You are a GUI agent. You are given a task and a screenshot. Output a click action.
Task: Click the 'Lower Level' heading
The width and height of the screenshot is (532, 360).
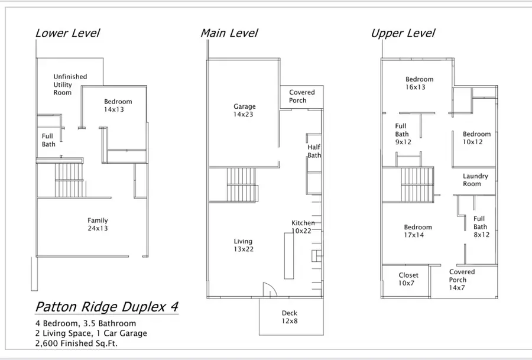tap(67, 33)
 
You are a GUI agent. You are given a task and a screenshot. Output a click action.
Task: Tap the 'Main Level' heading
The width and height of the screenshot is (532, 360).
tap(229, 33)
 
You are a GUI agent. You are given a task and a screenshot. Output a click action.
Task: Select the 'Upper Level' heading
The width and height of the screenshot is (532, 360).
tap(403, 33)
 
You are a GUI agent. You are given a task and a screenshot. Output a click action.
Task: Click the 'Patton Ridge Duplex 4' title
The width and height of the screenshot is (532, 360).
tap(106, 307)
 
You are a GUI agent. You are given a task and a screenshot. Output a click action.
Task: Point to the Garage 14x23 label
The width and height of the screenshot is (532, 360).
tap(244, 111)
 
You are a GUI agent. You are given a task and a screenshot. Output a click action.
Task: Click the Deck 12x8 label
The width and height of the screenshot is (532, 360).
tap(290, 317)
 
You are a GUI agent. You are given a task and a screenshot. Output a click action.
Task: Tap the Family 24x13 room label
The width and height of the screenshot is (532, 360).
tap(98, 224)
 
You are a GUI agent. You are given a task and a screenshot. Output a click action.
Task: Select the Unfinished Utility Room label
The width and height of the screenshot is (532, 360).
tap(70, 85)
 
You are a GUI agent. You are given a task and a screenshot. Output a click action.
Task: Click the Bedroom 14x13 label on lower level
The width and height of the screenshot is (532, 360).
tap(118, 105)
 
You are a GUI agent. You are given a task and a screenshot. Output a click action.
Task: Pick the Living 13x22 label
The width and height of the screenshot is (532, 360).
tap(243, 245)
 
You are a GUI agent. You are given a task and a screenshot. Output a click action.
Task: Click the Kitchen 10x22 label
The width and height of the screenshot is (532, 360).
tap(303, 226)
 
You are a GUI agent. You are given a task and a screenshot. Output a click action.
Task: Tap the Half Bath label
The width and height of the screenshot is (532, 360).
tap(314, 151)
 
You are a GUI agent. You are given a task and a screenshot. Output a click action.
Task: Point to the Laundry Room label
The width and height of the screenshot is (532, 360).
tap(475, 180)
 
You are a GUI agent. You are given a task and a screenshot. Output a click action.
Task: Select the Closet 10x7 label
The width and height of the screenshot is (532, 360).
tap(408, 279)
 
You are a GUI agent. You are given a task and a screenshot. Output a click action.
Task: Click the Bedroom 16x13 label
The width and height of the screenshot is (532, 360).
tap(419, 83)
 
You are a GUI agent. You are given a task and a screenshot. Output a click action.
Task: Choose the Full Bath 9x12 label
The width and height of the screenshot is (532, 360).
tap(402, 134)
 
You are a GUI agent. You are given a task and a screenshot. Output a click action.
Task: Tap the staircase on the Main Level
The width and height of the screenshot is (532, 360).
tap(242, 184)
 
